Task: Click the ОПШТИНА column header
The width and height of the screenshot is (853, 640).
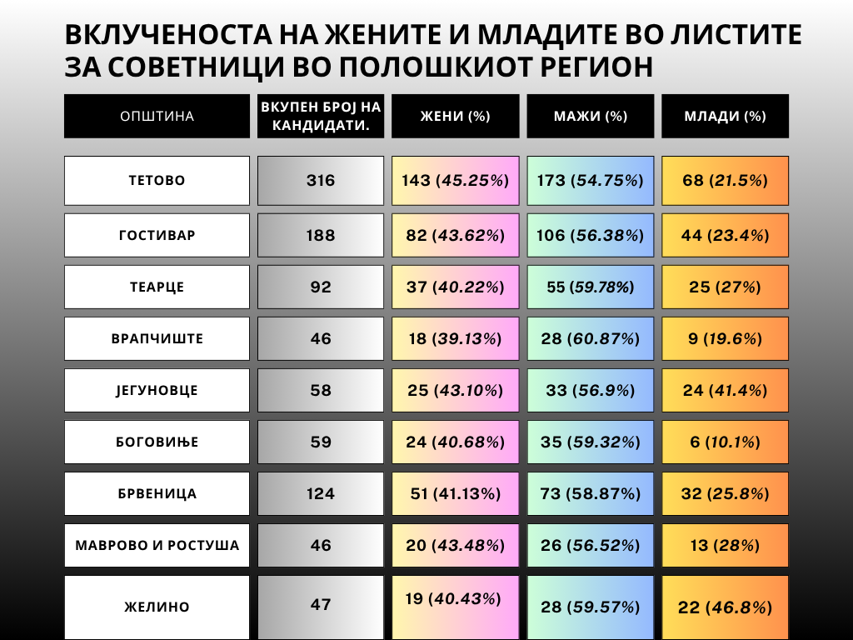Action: [x=157, y=116]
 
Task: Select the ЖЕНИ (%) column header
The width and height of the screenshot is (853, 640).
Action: [x=455, y=116]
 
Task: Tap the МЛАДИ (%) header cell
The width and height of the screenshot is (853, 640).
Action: [x=725, y=116]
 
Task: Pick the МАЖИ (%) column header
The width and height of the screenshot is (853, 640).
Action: [x=590, y=116]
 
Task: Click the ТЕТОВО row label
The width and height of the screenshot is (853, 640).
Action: [x=157, y=180]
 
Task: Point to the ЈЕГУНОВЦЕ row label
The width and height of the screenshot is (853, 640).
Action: [x=157, y=390]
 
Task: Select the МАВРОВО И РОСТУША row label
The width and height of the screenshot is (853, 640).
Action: [x=157, y=545]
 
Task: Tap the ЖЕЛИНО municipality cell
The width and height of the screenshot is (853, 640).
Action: [x=157, y=607]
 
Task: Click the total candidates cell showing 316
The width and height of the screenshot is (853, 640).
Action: [x=321, y=180]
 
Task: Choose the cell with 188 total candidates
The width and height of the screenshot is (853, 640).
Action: [x=321, y=235]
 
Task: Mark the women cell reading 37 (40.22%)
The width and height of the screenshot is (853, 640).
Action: [x=455, y=287]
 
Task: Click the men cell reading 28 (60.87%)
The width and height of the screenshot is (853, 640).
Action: [x=590, y=338]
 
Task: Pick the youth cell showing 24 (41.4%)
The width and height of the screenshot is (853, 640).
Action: [x=725, y=390]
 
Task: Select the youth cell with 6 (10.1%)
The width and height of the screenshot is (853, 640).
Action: [x=725, y=442]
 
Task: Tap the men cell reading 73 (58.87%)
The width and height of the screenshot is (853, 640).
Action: [x=590, y=493]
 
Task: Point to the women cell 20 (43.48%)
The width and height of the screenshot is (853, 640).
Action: [x=455, y=545]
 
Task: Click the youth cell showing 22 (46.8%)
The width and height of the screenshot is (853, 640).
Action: [x=725, y=607]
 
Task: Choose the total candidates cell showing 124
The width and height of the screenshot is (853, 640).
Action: [x=321, y=493]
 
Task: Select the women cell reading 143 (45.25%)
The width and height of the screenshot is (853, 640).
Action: [x=455, y=180]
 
